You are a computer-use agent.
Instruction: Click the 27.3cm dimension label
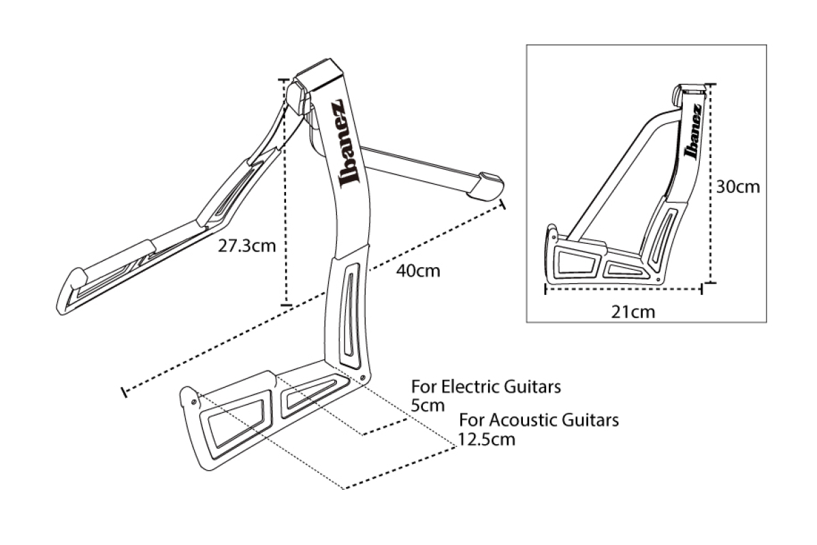tap(246, 246)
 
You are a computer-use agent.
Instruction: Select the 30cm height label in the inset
tap(738, 186)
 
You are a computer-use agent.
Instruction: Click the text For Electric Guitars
tap(486, 387)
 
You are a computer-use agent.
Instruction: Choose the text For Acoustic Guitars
tap(539, 419)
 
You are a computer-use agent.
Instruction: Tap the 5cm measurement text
tap(428, 406)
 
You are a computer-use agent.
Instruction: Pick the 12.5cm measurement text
tap(487, 439)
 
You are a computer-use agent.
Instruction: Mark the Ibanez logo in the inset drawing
tap(692, 134)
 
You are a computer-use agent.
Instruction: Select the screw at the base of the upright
tap(363, 377)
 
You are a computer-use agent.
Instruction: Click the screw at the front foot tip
tap(194, 401)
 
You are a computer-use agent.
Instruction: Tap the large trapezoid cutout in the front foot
tap(235, 426)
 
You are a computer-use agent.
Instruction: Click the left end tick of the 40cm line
tap(124, 392)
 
